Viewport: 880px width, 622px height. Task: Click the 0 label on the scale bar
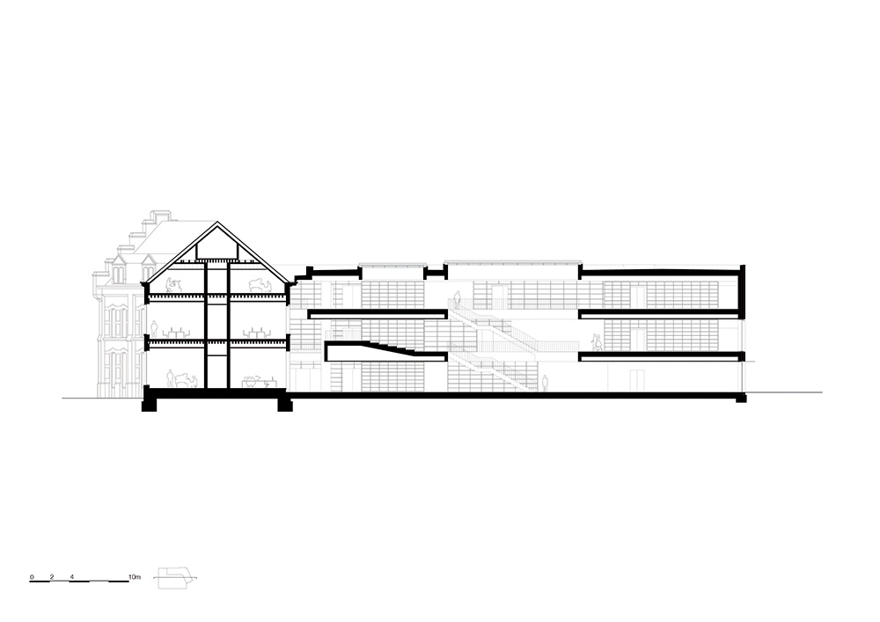pyautogui.click(x=32, y=576)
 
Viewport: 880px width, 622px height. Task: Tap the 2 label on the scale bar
pyautogui.click(x=52, y=576)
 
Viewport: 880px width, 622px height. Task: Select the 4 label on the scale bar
pyautogui.click(x=72, y=576)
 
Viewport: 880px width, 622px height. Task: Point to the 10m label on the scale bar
pyautogui.click(x=135, y=576)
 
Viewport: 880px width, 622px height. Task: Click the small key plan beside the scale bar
pyautogui.click(x=176, y=578)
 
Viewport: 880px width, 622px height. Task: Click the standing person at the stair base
pyautogui.click(x=545, y=383)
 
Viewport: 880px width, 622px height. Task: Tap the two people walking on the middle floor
pyautogui.click(x=598, y=342)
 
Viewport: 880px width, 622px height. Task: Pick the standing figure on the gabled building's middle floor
pyautogui.click(x=154, y=328)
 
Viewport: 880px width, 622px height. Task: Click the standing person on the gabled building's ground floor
pyautogui.click(x=170, y=378)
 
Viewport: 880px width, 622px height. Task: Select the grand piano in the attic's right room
pyautogui.click(x=260, y=285)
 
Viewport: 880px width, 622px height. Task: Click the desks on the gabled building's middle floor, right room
pyautogui.click(x=257, y=333)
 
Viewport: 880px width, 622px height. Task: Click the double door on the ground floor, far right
pyautogui.click(x=636, y=380)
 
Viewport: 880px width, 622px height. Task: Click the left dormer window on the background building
pyautogui.click(x=119, y=269)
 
